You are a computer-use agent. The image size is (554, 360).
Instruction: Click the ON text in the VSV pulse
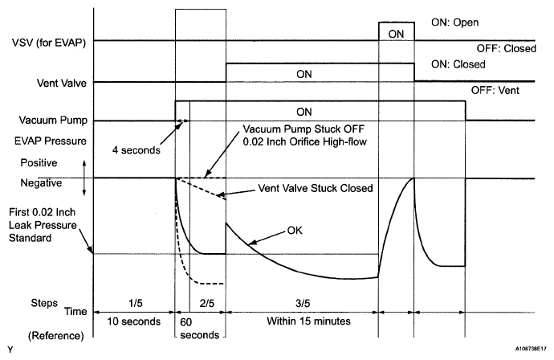[397, 33]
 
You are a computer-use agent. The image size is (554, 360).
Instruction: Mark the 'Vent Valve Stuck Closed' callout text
[315, 188]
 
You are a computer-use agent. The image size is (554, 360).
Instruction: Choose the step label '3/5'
[301, 305]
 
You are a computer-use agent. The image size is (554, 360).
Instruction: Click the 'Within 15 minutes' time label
[300, 320]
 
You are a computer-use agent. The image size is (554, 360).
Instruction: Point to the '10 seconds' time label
[133, 320]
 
